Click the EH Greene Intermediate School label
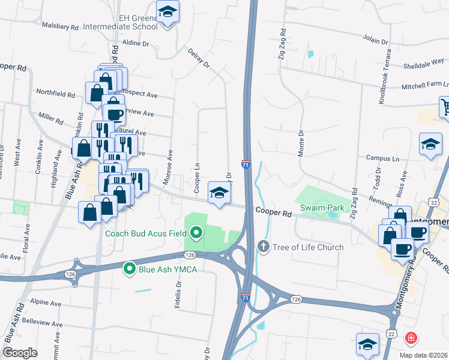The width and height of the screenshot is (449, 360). (x=138, y=23)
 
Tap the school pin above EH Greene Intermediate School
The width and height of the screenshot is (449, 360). (x=168, y=12)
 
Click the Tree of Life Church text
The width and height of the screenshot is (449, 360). (x=308, y=247)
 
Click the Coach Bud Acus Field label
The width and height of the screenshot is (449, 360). (x=146, y=233)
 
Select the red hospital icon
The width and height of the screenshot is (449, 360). (x=411, y=338)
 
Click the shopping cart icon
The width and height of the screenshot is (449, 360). (x=445, y=107)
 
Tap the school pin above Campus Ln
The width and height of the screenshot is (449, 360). (x=430, y=144)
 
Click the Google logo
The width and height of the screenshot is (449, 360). (x=20, y=352)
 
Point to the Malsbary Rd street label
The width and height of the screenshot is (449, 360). (x=61, y=27)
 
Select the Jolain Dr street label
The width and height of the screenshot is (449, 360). (x=376, y=40)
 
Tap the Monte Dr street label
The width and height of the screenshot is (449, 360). (x=301, y=144)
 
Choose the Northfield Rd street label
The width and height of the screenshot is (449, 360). (x=55, y=95)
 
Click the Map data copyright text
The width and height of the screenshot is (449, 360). (x=424, y=355)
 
